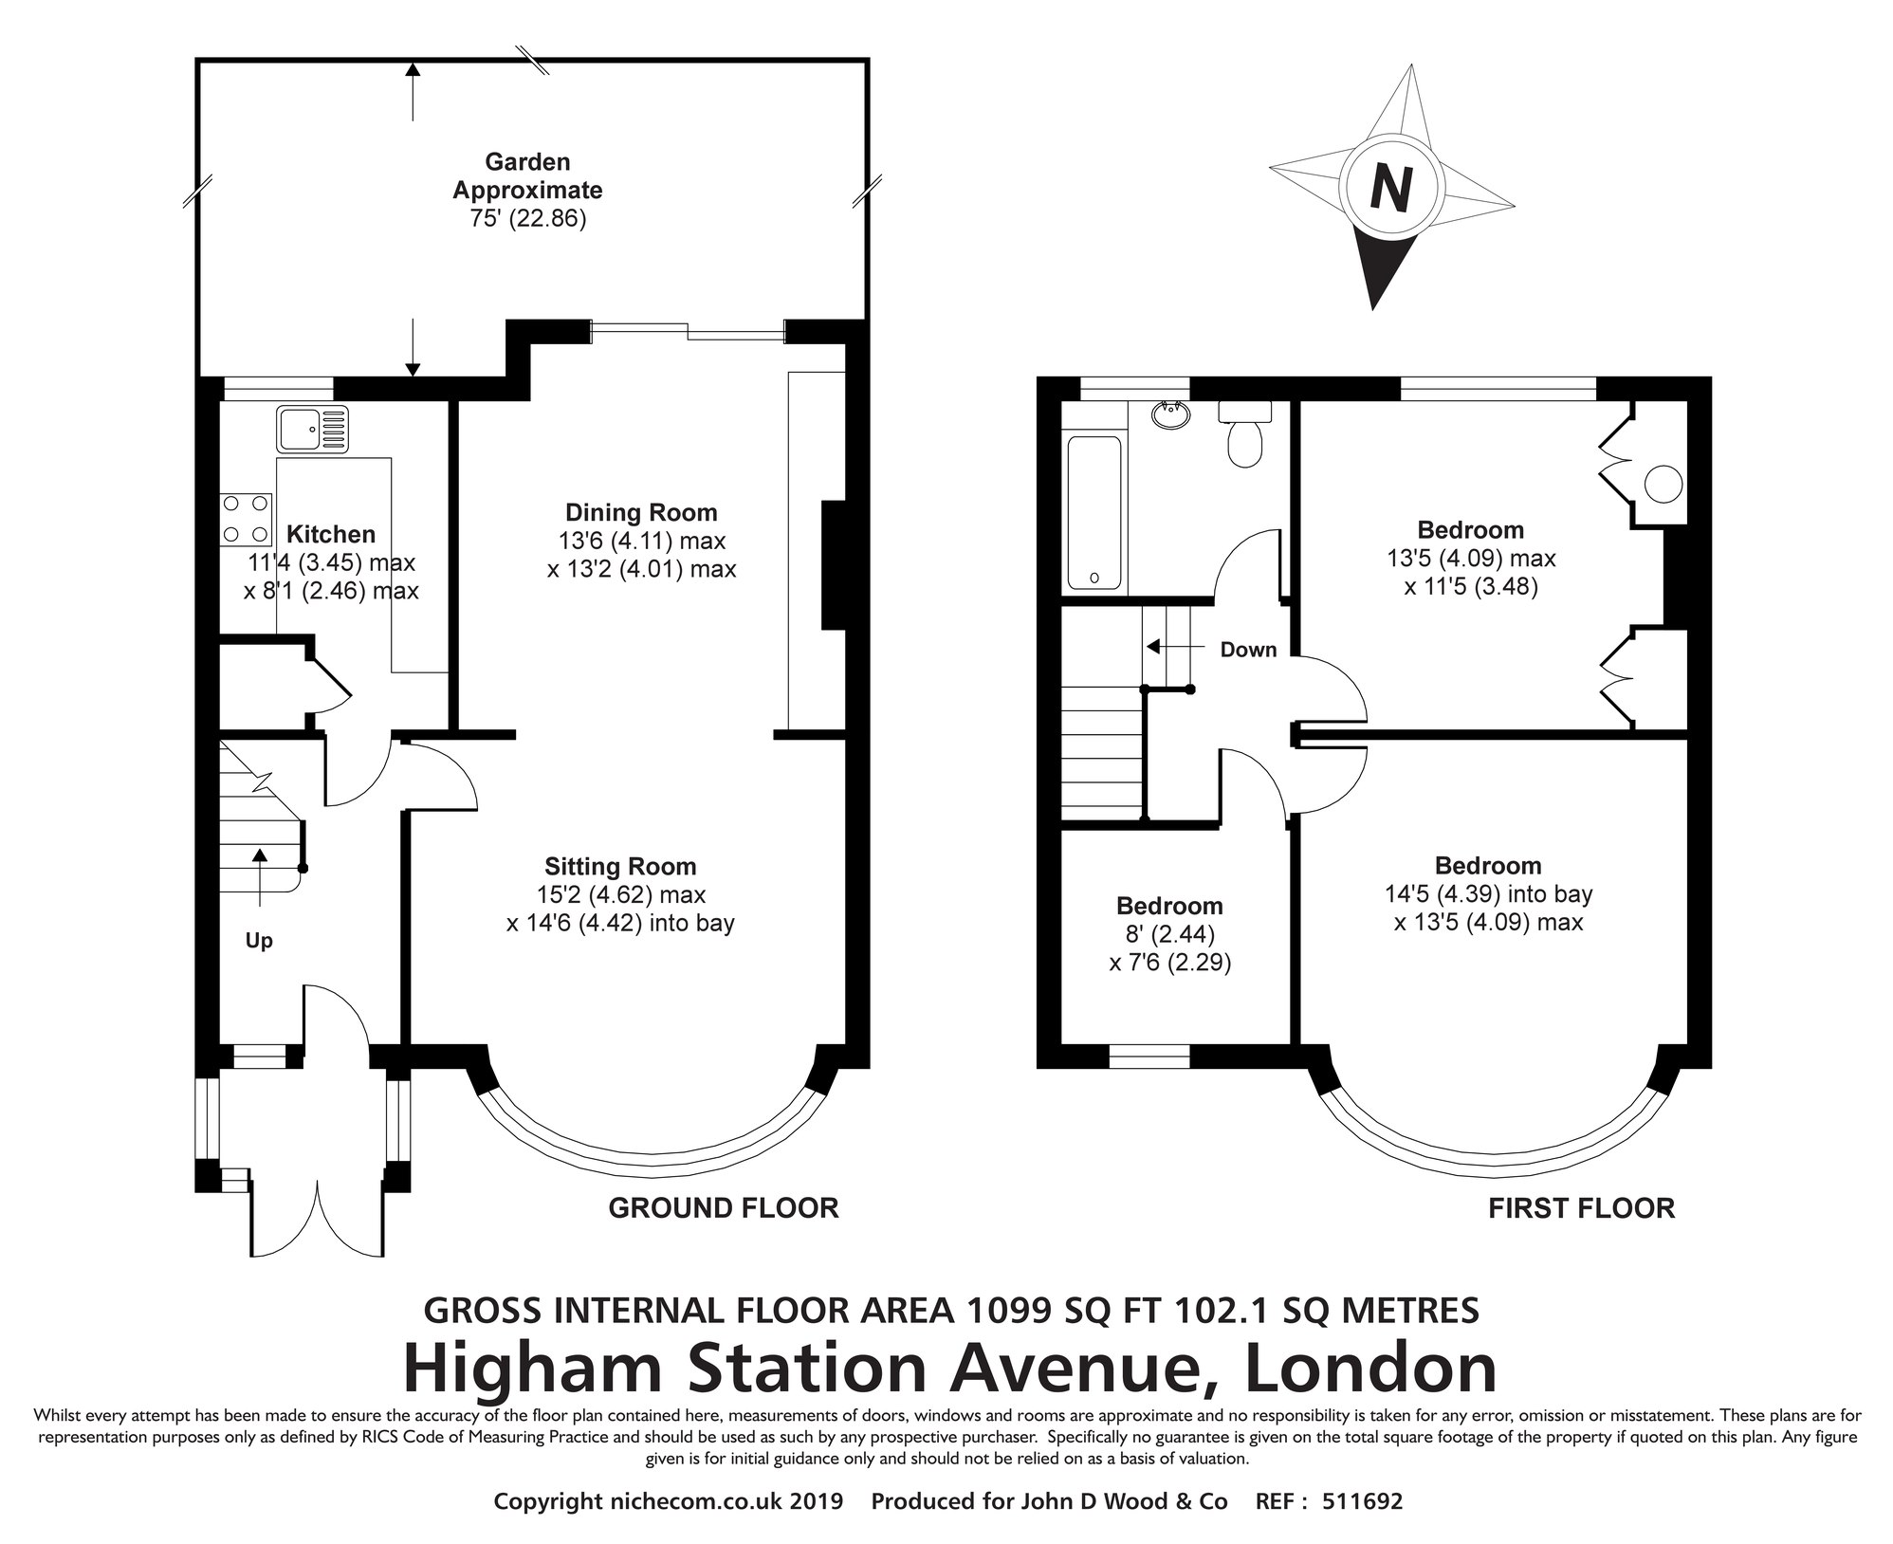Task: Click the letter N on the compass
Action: pyautogui.click(x=1390, y=189)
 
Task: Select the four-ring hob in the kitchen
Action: pyautogui.click(x=247, y=520)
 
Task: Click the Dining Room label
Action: pyautogui.click(x=641, y=513)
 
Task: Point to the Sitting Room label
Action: pyautogui.click(x=620, y=866)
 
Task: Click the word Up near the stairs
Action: pyautogui.click(x=259, y=941)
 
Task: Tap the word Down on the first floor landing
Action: pyautogui.click(x=1248, y=650)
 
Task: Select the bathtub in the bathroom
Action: pyautogui.click(x=1094, y=512)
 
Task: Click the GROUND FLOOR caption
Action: pyautogui.click(x=724, y=1207)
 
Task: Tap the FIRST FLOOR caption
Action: pyautogui.click(x=1581, y=1207)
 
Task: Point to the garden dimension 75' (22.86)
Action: pyautogui.click(x=527, y=219)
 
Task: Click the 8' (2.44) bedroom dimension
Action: pyautogui.click(x=1169, y=934)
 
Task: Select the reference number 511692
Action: pyautogui.click(x=1362, y=1501)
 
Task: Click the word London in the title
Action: pyautogui.click(x=1370, y=1369)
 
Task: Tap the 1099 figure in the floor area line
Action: pyautogui.click(x=1008, y=1310)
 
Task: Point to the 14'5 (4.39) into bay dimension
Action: pyautogui.click(x=1487, y=893)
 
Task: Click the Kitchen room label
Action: pyautogui.click(x=331, y=534)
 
